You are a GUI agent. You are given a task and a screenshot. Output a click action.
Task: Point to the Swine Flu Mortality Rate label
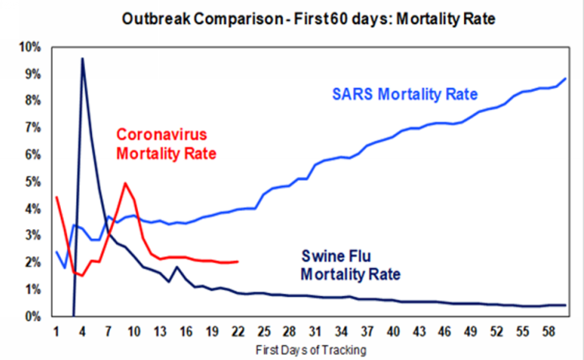coord(350,265)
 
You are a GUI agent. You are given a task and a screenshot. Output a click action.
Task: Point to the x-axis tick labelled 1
coord(57,330)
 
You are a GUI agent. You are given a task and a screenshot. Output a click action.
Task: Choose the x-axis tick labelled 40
coord(395,330)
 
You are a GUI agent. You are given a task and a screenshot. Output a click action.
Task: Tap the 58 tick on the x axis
coord(550,330)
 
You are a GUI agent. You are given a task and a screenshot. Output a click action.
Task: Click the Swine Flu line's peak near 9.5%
coord(83,58)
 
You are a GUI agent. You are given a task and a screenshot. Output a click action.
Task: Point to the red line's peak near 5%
coord(126,184)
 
